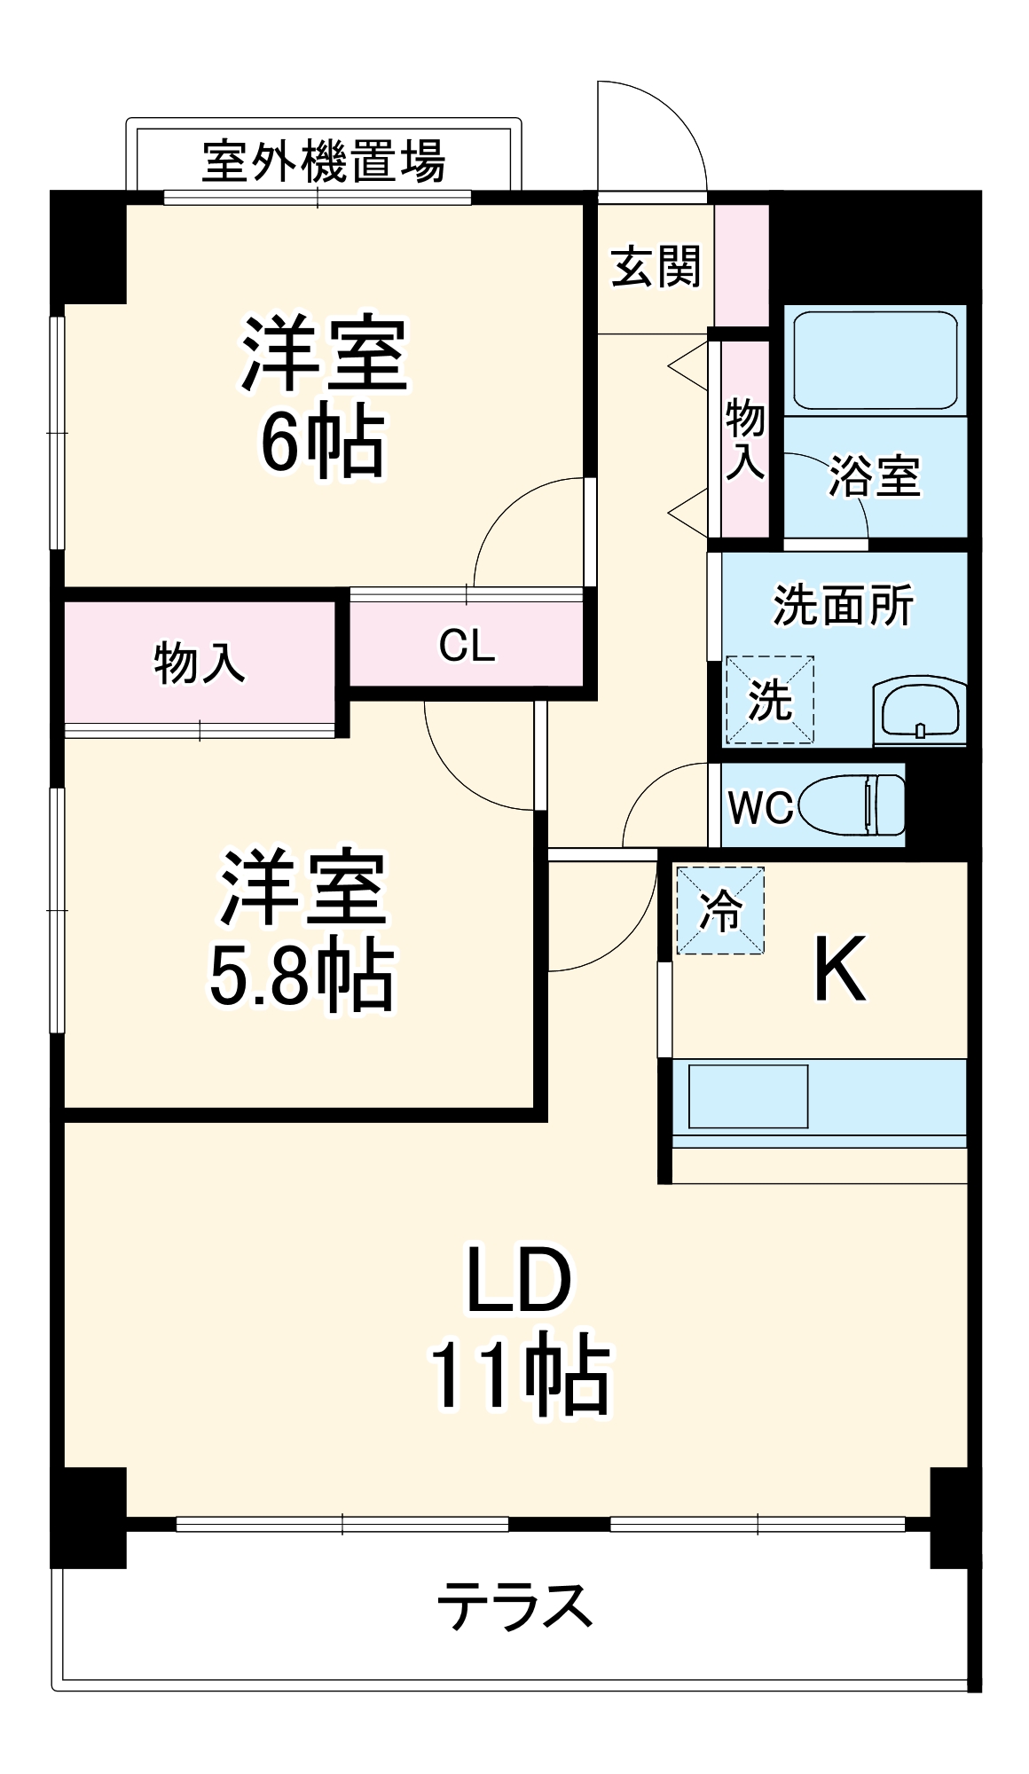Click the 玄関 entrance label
(x=656, y=266)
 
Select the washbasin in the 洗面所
(x=918, y=711)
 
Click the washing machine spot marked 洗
(x=769, y=700)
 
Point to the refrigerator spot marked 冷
(x=719, y=910)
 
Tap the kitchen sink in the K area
(x=748, y=1096)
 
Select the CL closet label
(x=467, y=646)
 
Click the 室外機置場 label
(x=323, y=161)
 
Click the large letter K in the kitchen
(x=838, y=971)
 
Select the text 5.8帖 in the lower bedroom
(x=301, y=978)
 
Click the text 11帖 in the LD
(x=520, y=1377)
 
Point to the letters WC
(x=760, y=806)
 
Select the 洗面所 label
(x=842, y=606)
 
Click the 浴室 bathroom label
(x=874, y=476)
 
